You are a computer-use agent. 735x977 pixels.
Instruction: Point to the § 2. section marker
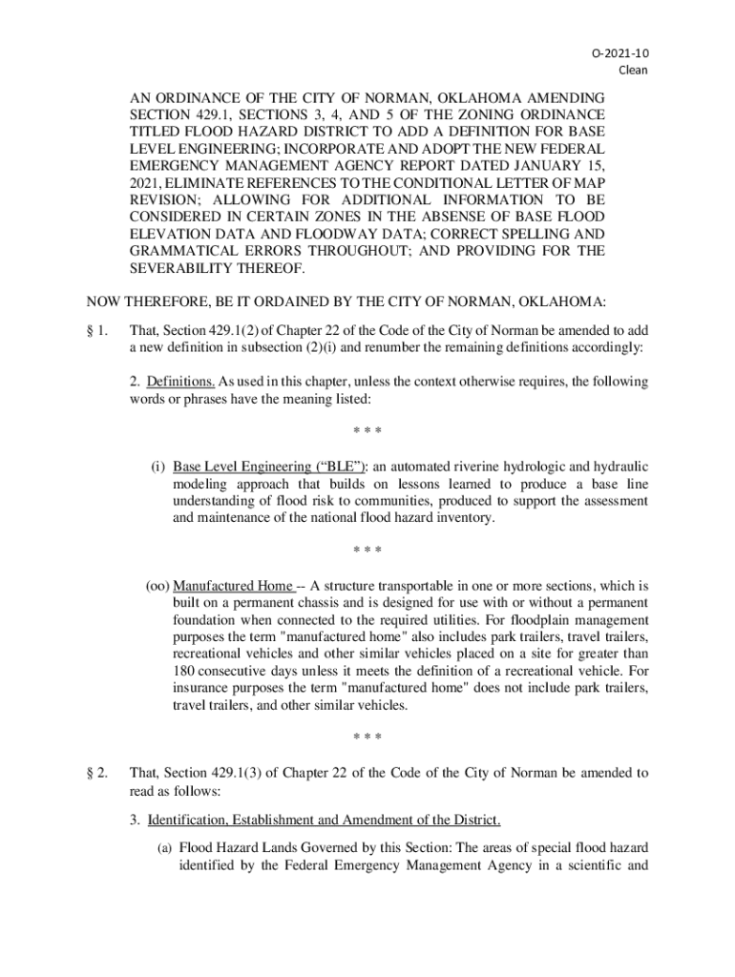(x=96, y=772)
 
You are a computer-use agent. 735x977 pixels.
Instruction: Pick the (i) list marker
(x=158, y=467)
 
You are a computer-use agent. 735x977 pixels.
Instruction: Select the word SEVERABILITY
(x=186, y=269)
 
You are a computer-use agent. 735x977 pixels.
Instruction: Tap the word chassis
(x=312, y=603)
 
